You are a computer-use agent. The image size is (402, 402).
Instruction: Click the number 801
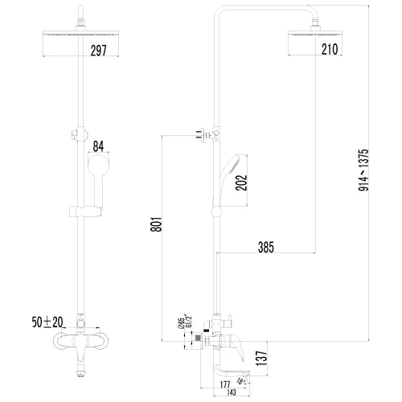[157, 226]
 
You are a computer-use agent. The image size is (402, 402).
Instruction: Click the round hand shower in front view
[97, 169]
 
